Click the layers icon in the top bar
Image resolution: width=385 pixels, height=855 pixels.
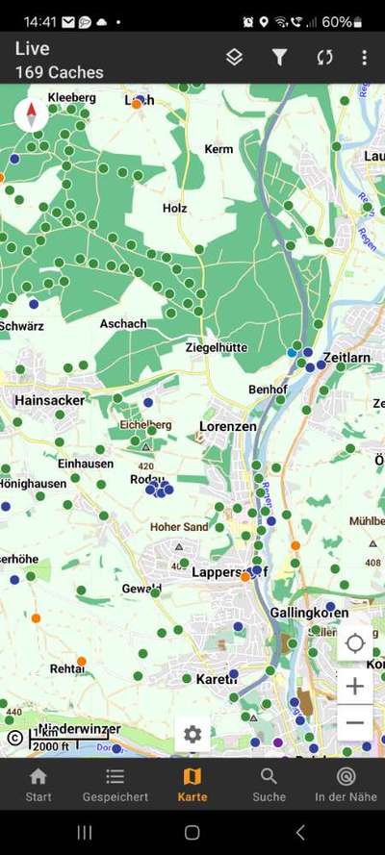pos(234,58)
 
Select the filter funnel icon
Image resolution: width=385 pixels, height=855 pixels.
pos(279,58)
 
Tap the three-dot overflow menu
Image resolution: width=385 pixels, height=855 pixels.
pos(364,58)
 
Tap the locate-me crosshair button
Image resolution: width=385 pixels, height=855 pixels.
pos(355,642)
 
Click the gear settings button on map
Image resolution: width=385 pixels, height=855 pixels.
pos(192,735)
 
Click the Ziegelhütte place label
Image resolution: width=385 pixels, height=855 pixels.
pos(216,347)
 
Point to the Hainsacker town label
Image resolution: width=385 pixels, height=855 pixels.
pos(51,399)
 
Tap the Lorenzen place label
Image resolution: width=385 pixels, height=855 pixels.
pos(227,425)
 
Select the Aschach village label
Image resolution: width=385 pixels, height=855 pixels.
pos(123,324)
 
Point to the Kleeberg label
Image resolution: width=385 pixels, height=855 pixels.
pos(72,98)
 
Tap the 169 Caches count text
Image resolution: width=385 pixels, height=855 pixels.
pos(60,72)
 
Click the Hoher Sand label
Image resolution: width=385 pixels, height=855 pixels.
pos(179,527)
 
